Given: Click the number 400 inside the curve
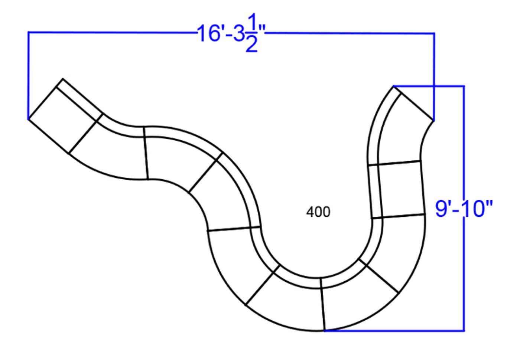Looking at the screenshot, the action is (x=318, y=212).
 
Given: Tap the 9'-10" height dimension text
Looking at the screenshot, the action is (x=464, y=209).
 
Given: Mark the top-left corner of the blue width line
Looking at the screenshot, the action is (x=28, y=32).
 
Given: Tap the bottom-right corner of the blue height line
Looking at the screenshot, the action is (x=464, y=331).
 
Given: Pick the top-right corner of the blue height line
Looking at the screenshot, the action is (x=464, y=86).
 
